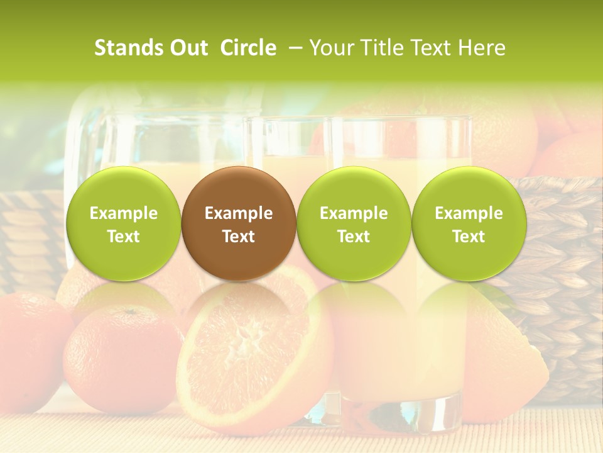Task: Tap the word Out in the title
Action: [187, 48]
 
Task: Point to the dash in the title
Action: [295, 48]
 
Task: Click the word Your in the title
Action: [332, 48]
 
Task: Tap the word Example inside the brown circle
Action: [239, 213]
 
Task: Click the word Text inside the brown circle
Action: [239, 237]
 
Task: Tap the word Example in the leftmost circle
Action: [124, 213]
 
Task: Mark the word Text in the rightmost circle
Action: [469, 237]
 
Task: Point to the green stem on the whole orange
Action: [129, 311]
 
